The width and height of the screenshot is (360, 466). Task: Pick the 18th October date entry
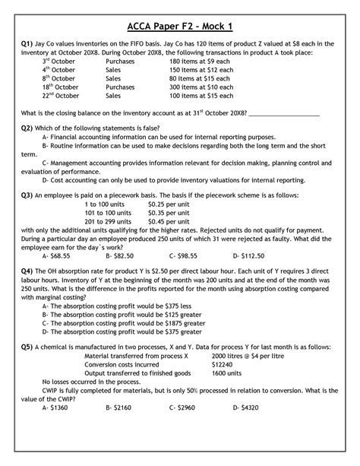(62, 108)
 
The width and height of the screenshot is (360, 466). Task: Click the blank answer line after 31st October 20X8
(283, 135)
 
